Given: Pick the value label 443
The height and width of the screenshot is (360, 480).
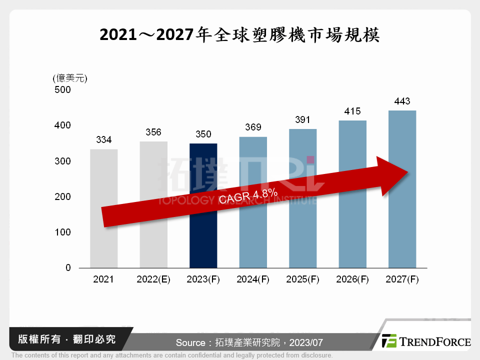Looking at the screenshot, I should (x=402, y=102).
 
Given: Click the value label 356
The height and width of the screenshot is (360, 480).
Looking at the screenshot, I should (x=153, y=132).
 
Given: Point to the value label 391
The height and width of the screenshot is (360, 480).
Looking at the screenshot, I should (x=302, y=120).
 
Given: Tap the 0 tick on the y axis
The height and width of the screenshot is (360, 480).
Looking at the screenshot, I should (x=68, y=268).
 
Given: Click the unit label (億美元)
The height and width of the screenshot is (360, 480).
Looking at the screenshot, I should (x=69, y=78).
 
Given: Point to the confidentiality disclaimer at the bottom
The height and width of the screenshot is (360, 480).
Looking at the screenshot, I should (x=172, y=355).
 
